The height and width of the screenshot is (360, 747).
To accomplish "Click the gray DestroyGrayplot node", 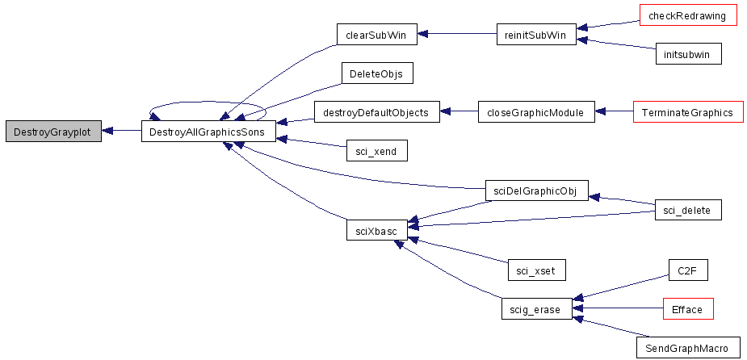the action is [x=53, y=131].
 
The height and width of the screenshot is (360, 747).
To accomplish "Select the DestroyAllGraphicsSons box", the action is [x=208, y=131].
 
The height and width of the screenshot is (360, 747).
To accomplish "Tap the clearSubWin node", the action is [x=377, y=34].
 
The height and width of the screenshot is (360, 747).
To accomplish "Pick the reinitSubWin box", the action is [x=536, y=34].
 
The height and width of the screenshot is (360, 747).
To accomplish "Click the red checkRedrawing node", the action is [x=686, y=15].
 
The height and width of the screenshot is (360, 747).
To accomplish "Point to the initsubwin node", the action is [x=688, y=53].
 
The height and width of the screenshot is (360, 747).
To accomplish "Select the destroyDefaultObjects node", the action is [x=376, y=112].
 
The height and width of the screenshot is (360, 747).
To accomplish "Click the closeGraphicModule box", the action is [x=536, y=112].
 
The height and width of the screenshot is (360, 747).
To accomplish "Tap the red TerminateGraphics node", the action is [x=688, y=112].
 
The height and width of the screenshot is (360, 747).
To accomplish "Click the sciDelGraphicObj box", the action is [x=536, y=191].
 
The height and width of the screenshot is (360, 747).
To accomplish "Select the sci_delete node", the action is [x=688, y=210].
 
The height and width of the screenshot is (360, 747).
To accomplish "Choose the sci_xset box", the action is [x=536, y=270].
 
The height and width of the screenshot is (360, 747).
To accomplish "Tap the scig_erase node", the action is [x=536, y=309].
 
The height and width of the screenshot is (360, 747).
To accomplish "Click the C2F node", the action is [x=688, y=270].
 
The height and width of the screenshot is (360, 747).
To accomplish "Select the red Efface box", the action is [x=688, y=308].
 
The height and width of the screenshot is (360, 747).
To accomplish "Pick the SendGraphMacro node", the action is [x=688, y=348].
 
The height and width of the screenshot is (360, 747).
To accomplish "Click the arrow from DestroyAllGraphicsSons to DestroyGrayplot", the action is [x=121, y=131].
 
